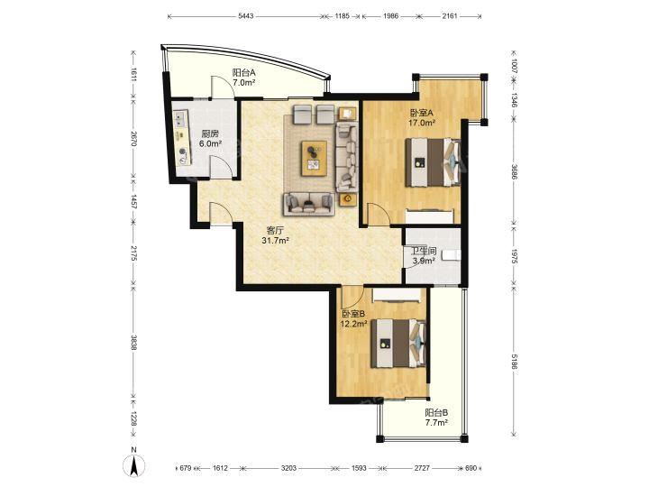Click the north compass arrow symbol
pos(133,464)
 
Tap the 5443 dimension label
pos(246,16)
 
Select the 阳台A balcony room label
pos(243,77)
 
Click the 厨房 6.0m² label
pos(210,139)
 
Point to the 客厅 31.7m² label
pos(275,235)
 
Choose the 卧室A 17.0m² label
pos(422,117)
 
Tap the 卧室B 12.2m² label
pos(353,319)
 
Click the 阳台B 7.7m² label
pos(436,418)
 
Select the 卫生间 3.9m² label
pos(424,255)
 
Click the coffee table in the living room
pos(315,158)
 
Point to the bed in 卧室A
pos(433,162)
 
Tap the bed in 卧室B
pos(398,344)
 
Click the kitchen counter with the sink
pos(182,137)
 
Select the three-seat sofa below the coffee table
pos(309,204)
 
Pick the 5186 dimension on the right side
pos(514,363)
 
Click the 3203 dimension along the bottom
pos(288,468)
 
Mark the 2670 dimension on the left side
pos(133,140)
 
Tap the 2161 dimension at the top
pos(450,16)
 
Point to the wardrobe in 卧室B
pos(397,296)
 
